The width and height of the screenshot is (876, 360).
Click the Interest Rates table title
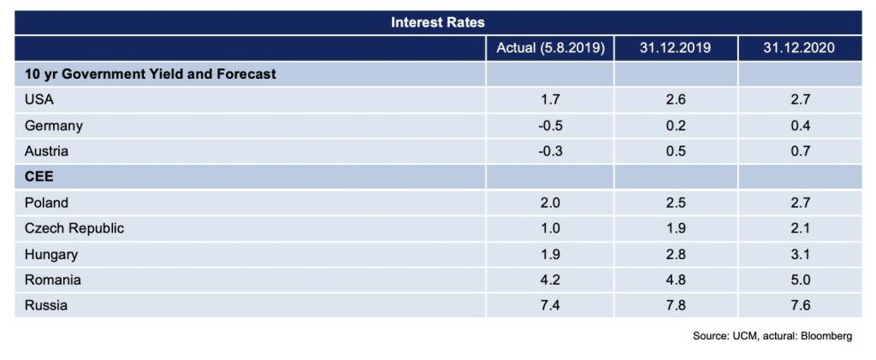click(x=437, y=22)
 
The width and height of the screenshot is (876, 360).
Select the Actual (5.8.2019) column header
click(x=550, y=48)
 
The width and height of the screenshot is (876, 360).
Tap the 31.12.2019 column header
click(x=675, y=48)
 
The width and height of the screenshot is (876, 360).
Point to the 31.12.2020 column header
click(x=799, y=48)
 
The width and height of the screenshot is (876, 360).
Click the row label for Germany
click(x=54, y=126)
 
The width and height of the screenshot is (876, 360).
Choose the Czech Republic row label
click(x=74, y=228)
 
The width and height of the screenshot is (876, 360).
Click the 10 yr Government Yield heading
click(x=151, y=74)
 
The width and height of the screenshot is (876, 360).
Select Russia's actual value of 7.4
click(x=550, y=305)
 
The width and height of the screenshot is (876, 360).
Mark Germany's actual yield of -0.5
click(x=550, y=126)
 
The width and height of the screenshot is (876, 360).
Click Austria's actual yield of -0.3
click(x=550, y=151)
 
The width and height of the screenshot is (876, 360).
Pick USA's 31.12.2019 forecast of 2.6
click(x=675, y=99)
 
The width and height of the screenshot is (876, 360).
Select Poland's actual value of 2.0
click(x=550, y=203)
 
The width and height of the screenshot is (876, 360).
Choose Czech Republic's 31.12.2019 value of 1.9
click(x=675, y=228)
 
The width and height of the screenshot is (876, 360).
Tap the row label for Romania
click(x=53, y=280)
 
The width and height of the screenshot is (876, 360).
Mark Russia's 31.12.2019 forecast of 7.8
click(x=675, y=305)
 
